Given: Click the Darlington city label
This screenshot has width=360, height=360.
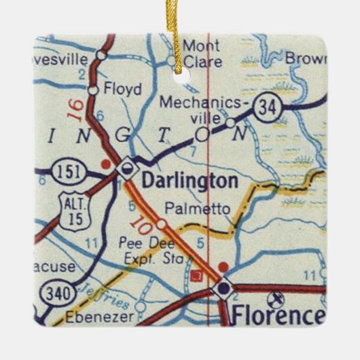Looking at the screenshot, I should (190, 181).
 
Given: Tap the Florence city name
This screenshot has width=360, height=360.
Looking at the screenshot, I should (276, 316).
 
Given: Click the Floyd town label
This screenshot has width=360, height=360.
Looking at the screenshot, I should (124, 89).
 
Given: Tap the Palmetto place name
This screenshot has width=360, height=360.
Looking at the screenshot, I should (198, 209).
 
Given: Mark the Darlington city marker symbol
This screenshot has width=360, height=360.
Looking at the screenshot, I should (126, 167).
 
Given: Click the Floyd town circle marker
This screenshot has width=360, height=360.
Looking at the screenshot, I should (94, 89).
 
